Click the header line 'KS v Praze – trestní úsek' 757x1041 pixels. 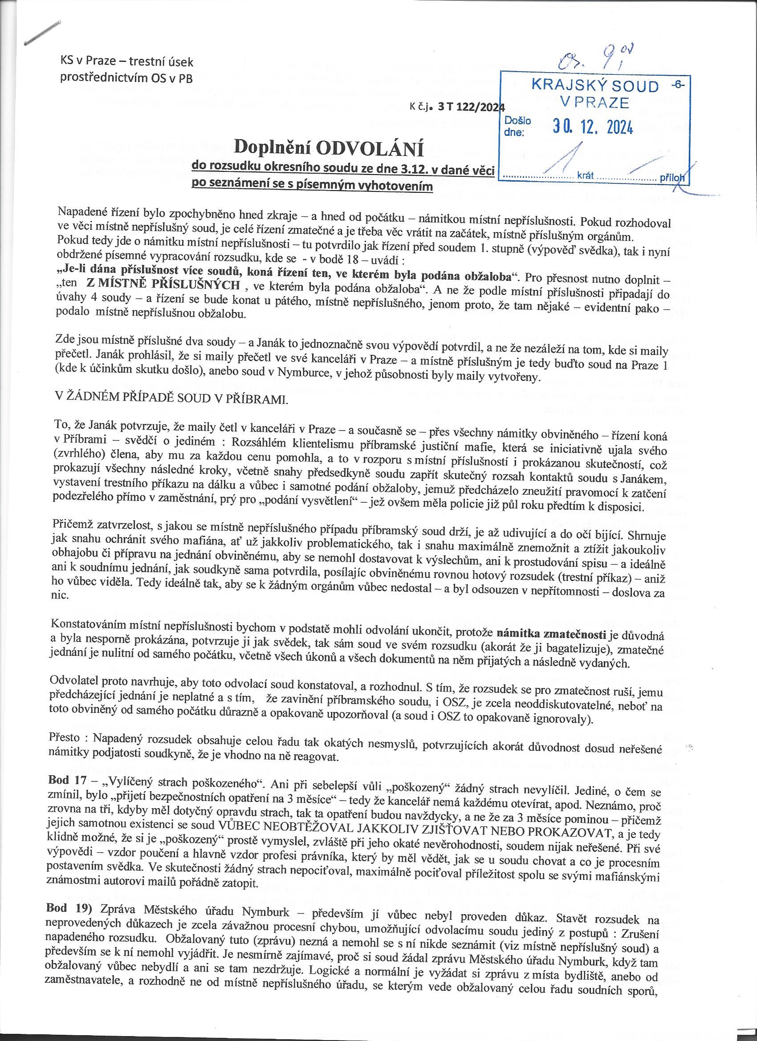click(127, 61)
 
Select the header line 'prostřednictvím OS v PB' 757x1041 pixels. click(127, 77)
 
